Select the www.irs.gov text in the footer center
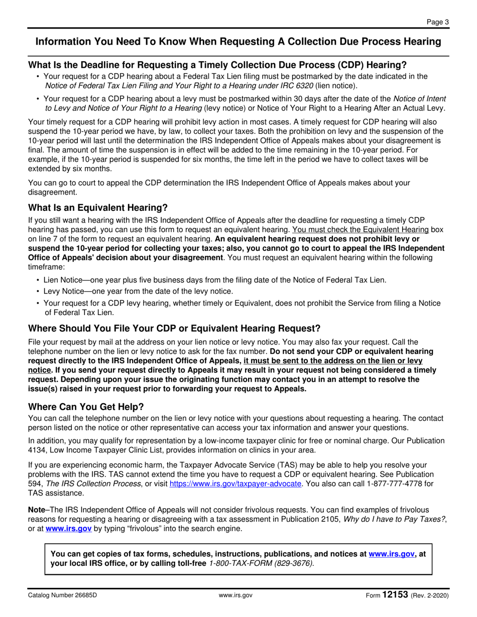point(235,595)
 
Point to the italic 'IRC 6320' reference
point(297,86)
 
